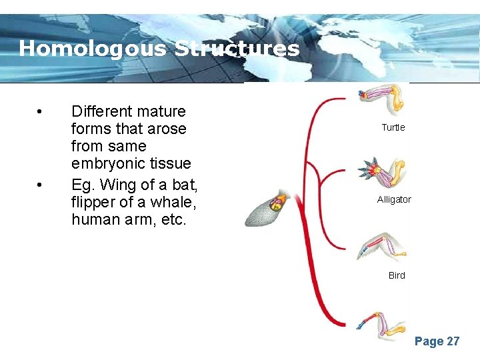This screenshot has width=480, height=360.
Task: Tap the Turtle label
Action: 393,127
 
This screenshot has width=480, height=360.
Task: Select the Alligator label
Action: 394,199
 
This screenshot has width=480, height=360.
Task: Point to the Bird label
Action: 397,275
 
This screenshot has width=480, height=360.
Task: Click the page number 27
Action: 453,341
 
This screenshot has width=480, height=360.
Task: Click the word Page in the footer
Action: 429,341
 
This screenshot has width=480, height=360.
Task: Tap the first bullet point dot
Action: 41,111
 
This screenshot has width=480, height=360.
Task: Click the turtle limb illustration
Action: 383,99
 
